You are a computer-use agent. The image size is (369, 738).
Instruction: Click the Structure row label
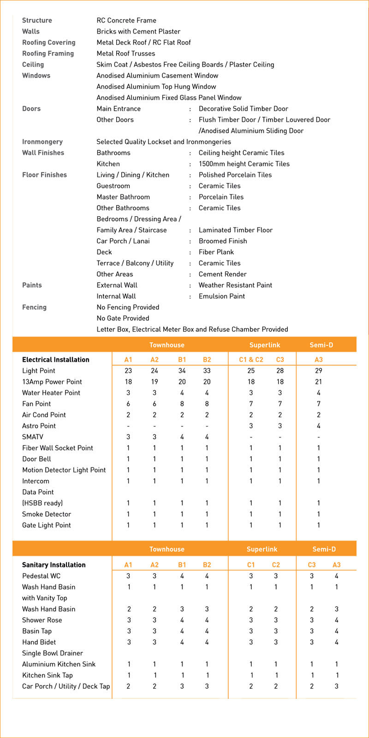37,20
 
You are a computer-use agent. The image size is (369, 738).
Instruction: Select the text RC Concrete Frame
126,20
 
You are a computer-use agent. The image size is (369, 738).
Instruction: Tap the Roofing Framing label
48,53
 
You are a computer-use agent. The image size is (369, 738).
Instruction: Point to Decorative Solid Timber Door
243,109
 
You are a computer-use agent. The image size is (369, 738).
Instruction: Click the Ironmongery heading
42,142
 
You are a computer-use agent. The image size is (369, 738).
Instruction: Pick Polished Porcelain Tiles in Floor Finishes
235,175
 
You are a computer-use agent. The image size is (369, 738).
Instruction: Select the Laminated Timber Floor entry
235,230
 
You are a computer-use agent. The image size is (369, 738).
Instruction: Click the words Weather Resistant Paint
235,285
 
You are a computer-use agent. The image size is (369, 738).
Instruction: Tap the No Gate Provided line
123,319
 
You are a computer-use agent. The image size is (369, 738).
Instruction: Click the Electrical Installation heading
56,360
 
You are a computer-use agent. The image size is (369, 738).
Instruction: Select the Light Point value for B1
182,371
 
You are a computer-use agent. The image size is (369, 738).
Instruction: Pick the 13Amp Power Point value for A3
318,382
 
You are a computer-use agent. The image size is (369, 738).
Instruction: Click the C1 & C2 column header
251,360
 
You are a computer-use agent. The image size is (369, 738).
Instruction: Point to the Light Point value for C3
280,371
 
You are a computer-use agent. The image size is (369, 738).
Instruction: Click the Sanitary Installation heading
54,565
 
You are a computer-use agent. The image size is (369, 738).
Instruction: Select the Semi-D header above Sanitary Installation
324,549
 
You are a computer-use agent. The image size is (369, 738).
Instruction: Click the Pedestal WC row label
42,576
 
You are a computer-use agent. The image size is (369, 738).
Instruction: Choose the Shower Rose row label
42,620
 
